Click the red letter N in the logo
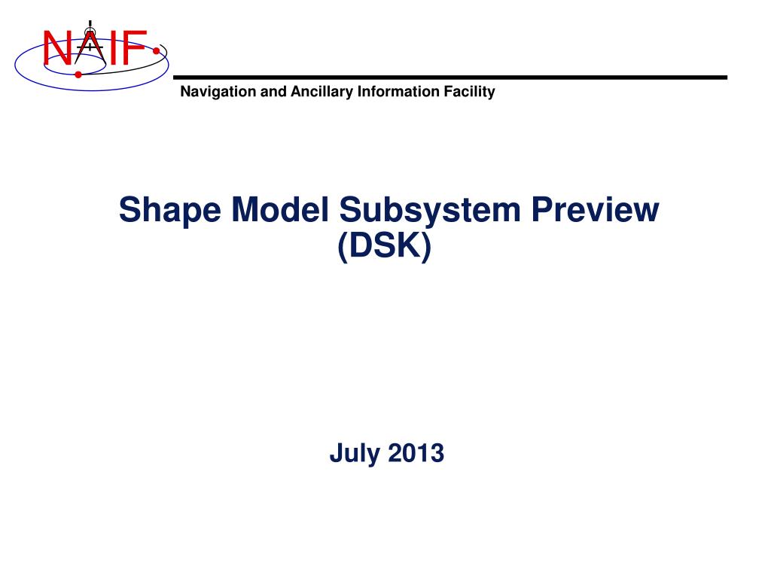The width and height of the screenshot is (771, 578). [56, 49]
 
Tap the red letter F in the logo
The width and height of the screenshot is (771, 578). [133, 49]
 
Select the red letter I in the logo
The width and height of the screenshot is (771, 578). [111, 49]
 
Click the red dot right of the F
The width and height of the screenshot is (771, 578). [155, 52]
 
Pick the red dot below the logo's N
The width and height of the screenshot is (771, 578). [78, 75]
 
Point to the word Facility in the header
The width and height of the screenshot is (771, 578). [469, 93]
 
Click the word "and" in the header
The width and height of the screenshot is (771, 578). [269, 93]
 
